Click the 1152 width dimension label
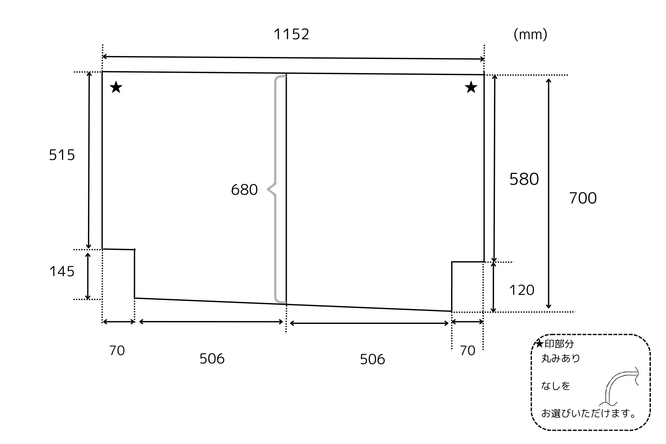click(x=291, y=34)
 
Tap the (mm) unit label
click(x=530, y=34)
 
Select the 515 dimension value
click(x=62, y=155)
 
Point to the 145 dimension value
click(x=62, y=271)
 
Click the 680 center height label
click(x=244, y=190)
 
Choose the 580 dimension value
click(x=524, y=179)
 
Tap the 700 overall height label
click(x=583, y=198)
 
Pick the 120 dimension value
click(x=521, y=290)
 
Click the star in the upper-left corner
click(x=116, y=87)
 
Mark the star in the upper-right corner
click(x=471, y=87)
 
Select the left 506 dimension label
click(x=212, y=358)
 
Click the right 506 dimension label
click(x=372, y=359)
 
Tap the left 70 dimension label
click(x=117, y=351)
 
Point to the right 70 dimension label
click(x=468, y=351)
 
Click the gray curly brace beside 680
click(x=275, y=190)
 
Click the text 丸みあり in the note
click(x=561, y=358)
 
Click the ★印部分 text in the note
click(x=555, y=344)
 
